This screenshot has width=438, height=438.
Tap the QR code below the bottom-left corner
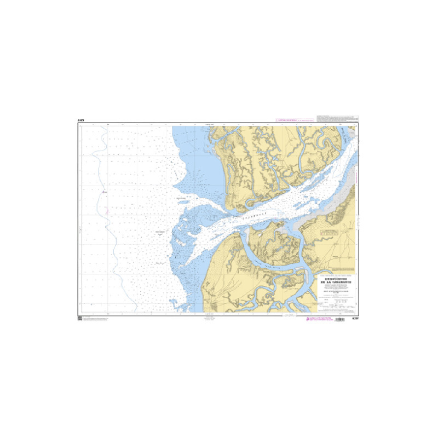(x=80, y=318)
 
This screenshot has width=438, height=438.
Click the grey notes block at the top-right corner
(x=338, y=118)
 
